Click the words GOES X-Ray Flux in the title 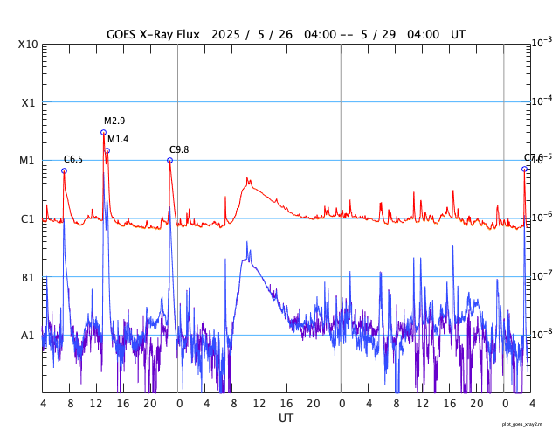[x=153, y=34]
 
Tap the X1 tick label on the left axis [x=28, y=102]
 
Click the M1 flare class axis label [x=28, y=161]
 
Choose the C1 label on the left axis [x=28, y=218]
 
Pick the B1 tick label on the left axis [x=28, y=277]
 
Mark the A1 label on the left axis [x=28, y=335]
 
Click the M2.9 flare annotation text [x=114, y=121]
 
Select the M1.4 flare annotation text [x=118, y=140]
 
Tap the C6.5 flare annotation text [x=73, y=159]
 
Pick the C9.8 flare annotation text [x=179, y=150]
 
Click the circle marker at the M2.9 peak [x=103, y=133]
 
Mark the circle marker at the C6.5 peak [x=64, y=170]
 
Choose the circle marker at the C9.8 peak [x=169, y=160]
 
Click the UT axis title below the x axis [x=286, y=419]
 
